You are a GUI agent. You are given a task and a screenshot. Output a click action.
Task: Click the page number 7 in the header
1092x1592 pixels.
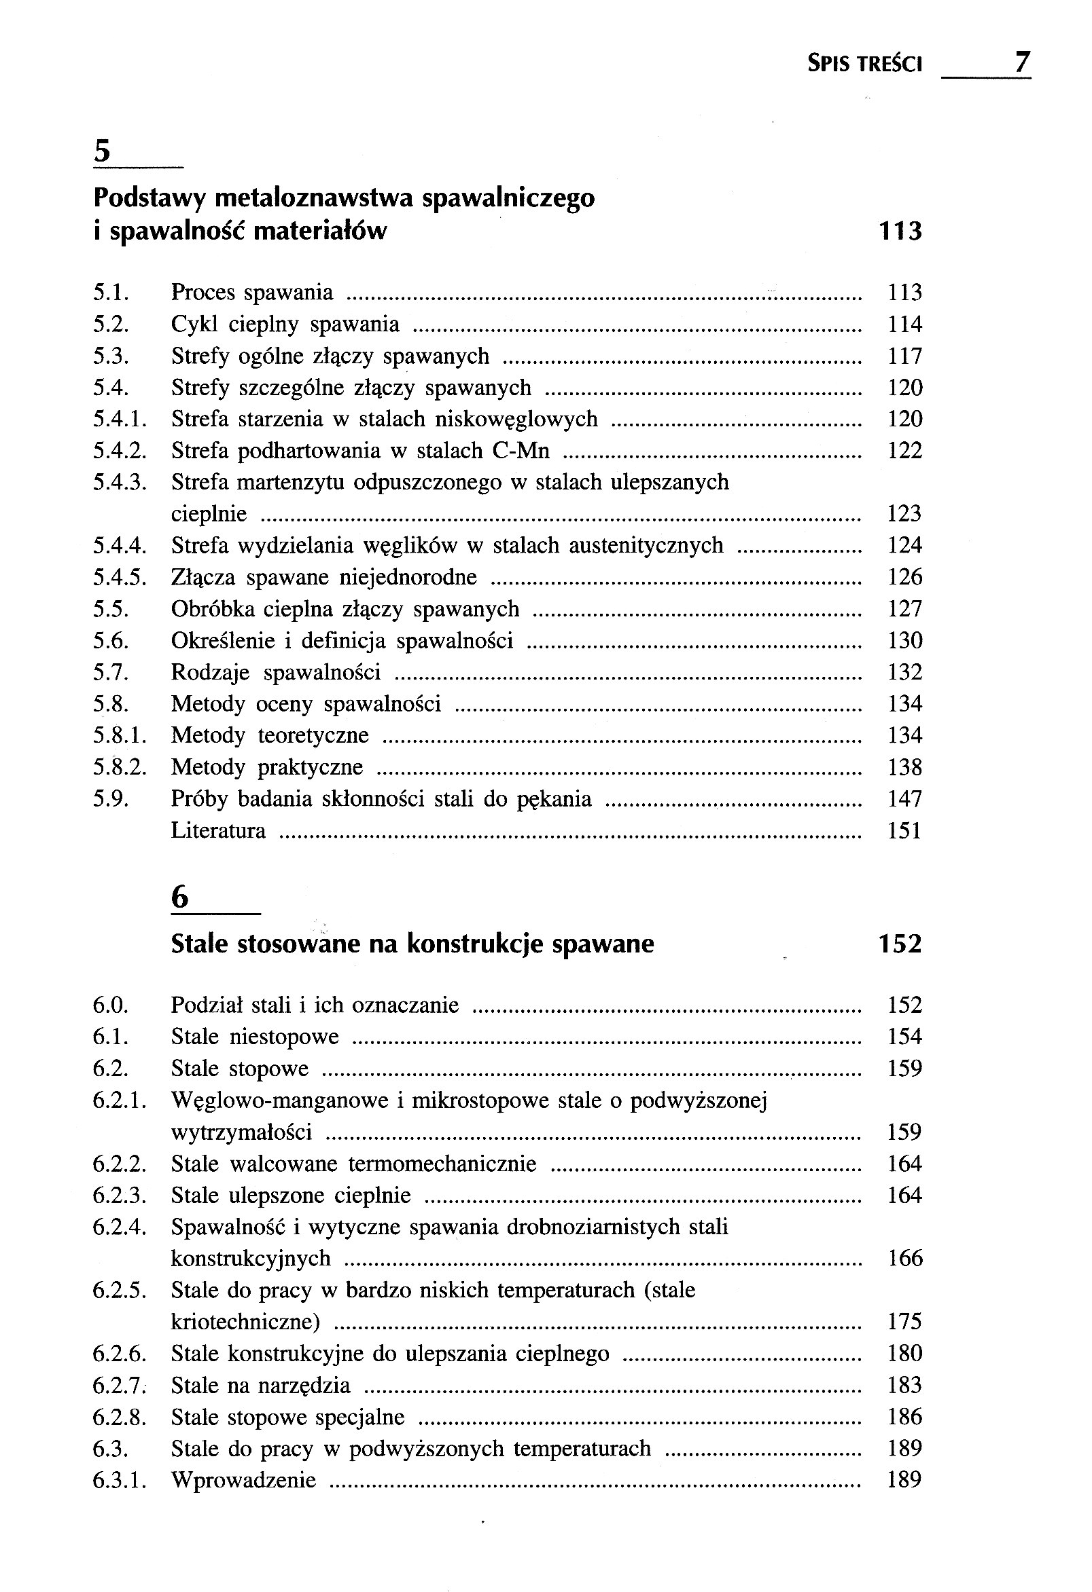point(1021,63)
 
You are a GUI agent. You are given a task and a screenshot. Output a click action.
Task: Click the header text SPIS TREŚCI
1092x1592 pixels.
point(864,64)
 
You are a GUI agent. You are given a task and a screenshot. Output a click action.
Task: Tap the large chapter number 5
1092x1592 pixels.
point(102,151)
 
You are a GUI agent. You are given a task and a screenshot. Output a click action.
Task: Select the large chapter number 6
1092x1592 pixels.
point(179,897)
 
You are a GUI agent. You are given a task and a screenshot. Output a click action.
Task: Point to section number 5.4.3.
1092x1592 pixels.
point(120,482)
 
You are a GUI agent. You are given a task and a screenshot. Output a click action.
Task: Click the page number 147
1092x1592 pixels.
point(905,799)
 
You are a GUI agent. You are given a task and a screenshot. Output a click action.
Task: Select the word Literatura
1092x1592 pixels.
point(218,830)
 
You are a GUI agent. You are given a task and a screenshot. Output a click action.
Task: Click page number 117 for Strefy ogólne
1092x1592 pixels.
point(905,356)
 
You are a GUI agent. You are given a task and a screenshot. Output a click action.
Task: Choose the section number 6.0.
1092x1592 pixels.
point(111,1005)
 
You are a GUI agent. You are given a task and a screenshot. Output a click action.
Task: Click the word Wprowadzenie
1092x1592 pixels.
point(243,1480)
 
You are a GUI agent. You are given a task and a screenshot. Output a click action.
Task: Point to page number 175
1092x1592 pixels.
point(905,1321)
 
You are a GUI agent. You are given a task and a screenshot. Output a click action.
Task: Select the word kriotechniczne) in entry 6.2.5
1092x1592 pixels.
point(245,1321)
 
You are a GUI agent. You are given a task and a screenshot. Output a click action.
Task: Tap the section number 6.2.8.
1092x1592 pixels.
point(120,1417)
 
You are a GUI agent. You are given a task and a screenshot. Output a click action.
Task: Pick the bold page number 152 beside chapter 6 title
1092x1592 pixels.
point(900,944)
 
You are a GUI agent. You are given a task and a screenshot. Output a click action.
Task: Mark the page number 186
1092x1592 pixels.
point(905,1417)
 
